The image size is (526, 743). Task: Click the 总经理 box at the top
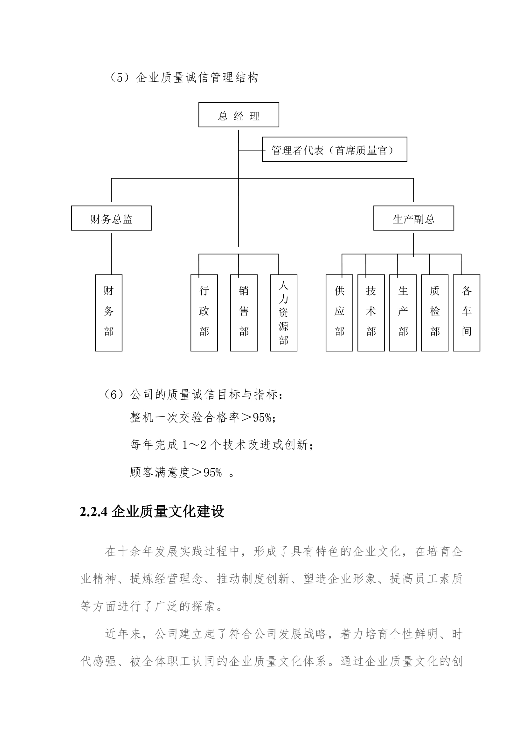click(x=239, y=115)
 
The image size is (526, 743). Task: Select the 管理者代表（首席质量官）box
click(x=334, y=149)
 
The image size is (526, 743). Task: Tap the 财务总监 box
click(x=111, y=218)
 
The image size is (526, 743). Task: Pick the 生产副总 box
click(x=413, y=218)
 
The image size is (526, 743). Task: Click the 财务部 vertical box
click(x=108, y=313)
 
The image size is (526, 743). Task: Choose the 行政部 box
click(x=204, y=313)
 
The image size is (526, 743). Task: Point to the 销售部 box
click(x=244, y=313)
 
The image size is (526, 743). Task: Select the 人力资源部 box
click(x=283, y=313)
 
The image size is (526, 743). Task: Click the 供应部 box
click(x=339, y=313)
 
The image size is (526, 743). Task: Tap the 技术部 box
click(x=371, y=313)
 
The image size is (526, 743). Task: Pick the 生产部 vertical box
click(x=403, y=313)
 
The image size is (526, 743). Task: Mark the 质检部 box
click(x=434, y=313)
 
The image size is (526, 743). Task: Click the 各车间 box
click(x=467, y=313)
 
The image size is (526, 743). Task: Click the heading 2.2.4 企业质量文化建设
click(x=152, y=512)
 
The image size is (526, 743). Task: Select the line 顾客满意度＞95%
click(x=181, y=472)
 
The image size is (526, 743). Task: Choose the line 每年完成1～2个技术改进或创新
click(x=222, y=445)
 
